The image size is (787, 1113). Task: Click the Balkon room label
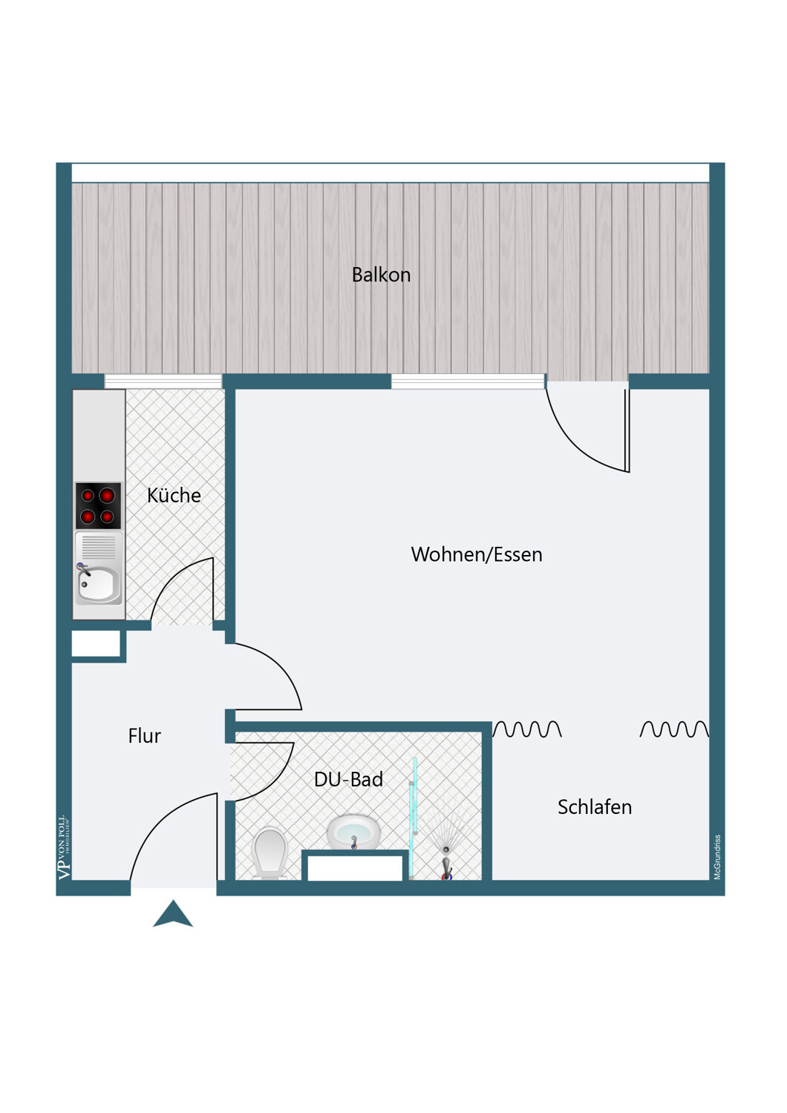(x=381, y=275)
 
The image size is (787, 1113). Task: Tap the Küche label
(x=174, y=495)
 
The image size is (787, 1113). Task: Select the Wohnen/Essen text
(x=476, y=554)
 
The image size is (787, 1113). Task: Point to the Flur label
(x=144, y=736)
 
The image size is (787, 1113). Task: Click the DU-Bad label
(x=348, y=779)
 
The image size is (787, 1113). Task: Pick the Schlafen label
(x=595, y=807)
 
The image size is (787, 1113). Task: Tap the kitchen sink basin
(x=99, y=585)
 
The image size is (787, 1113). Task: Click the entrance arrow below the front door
(x=172, y=913)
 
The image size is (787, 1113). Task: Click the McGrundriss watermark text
(x=717, y=858)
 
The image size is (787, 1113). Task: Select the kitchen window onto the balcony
(x=163, y=381)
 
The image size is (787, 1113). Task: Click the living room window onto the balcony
(x=468, y=381)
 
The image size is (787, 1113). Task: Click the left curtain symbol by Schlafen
(x=527, y=729)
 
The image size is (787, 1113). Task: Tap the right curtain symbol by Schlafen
(x=674, y=729)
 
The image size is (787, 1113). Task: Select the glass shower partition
(x=414, y=818)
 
